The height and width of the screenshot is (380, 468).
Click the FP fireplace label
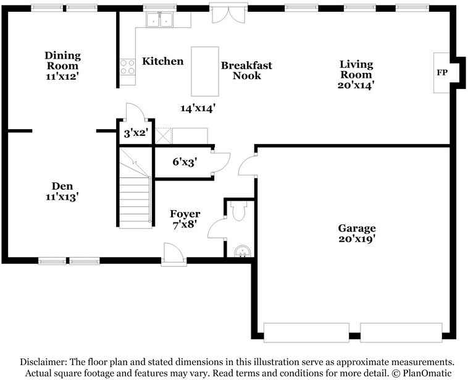442,73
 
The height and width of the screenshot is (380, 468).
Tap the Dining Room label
62,61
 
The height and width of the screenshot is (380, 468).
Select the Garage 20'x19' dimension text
356,239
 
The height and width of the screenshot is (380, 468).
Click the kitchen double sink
159,20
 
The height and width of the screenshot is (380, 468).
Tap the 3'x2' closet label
135,133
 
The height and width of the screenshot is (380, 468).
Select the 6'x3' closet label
184,162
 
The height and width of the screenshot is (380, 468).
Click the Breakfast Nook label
246,70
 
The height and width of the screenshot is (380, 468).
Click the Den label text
62,185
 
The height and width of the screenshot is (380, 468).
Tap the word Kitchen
163,61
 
